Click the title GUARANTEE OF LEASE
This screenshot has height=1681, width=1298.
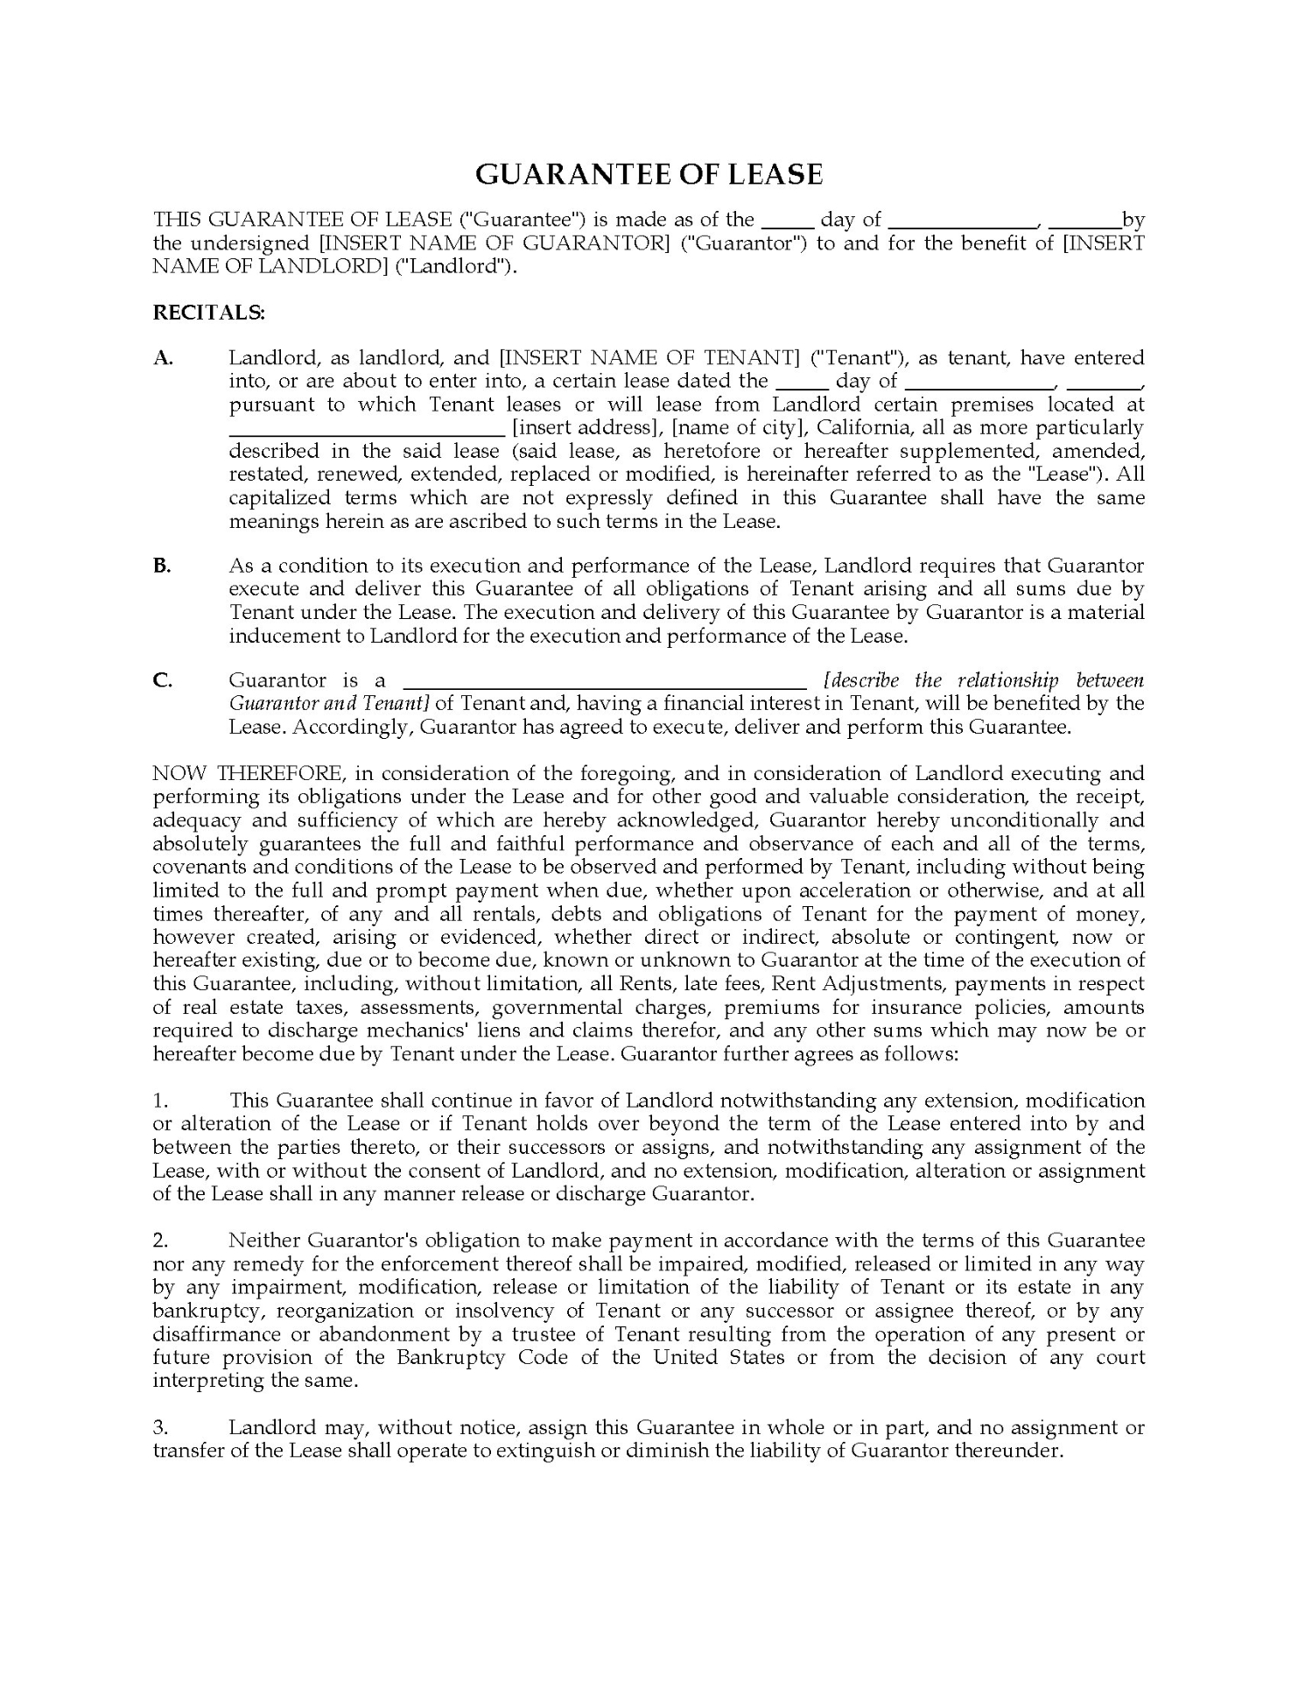649,174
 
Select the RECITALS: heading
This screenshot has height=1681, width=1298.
208,313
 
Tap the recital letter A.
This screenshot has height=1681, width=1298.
163,357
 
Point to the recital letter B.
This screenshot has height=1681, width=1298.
162,566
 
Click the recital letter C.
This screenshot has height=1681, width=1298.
163,680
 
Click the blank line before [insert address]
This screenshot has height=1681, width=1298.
367,433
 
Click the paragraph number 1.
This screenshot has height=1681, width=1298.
159,1101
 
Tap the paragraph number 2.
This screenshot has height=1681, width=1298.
159,1241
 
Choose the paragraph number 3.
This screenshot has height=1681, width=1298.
159,1428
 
